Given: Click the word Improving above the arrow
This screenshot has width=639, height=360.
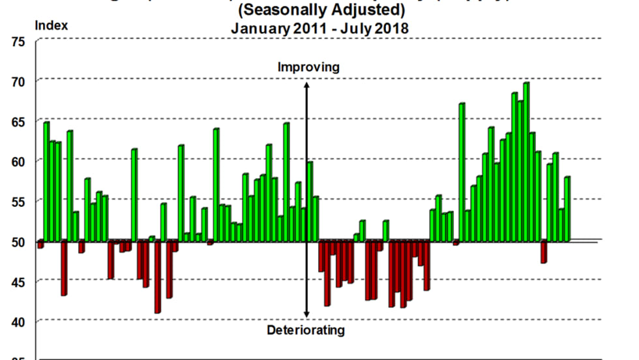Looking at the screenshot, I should coord(308,67).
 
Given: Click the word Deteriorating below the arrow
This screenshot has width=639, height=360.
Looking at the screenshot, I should coord(305,330).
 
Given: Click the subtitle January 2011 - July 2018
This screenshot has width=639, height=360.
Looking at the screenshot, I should coord(319,29).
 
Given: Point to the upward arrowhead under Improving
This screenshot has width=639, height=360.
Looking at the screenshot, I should coord(306,85).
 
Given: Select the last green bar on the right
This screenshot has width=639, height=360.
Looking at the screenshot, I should coord(567,209).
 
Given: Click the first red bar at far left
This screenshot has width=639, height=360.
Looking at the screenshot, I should coord(40,245).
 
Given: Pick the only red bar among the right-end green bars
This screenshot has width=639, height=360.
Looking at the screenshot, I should coord(544,252).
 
